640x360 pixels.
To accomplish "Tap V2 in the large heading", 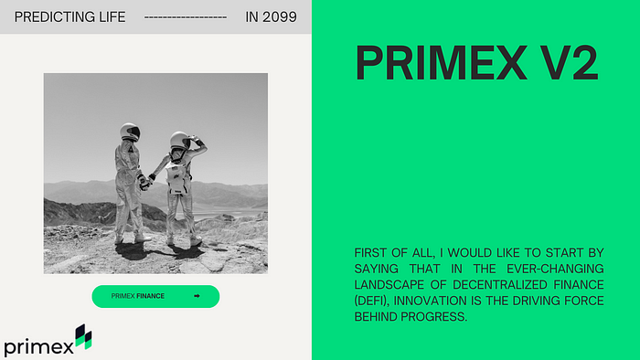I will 566,64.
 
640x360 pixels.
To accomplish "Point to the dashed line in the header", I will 186,17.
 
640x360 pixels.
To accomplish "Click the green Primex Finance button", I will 155,296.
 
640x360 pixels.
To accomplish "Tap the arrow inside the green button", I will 197,296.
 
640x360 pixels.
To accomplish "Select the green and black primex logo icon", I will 83,336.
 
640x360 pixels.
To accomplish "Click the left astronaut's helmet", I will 130,132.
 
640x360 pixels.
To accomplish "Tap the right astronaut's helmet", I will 180,141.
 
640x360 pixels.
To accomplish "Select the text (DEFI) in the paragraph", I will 370,301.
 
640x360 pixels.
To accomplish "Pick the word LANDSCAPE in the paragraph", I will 385,284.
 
